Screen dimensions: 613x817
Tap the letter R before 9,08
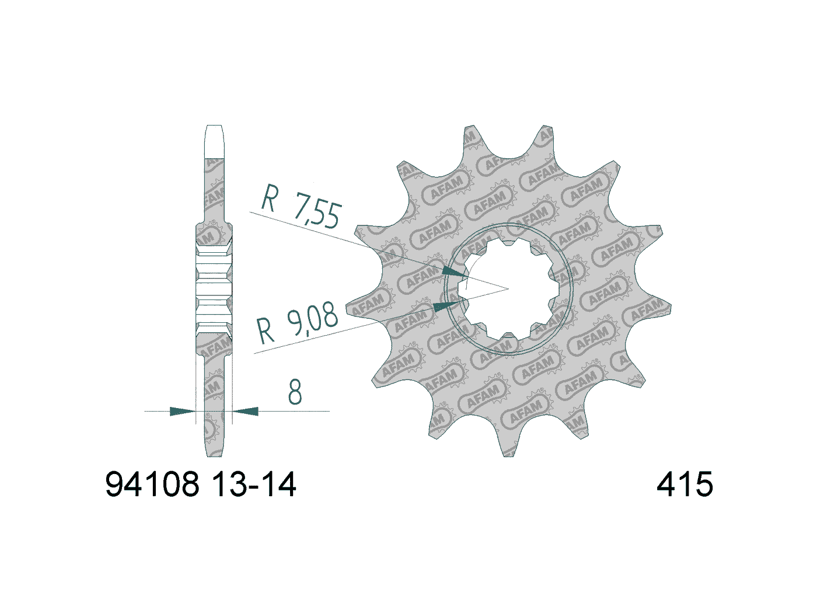tap(266, 330)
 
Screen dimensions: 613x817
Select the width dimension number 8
tap(295, 392)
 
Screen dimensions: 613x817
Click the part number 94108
tap(152, 485)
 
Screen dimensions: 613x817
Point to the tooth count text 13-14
tap(253, 485)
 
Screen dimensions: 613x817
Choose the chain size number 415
tap(685, 485)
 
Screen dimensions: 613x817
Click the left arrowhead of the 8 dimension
tap(182, 412)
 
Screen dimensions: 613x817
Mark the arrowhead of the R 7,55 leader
tap(456, 272)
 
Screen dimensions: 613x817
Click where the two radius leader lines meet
tap(508, 288)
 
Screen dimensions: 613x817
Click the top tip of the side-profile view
tap(214, 127)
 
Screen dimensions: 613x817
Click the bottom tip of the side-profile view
tap(214, 455)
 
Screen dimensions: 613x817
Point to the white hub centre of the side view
tap(213, 289)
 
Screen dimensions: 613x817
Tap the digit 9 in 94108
tap(114, 485)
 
